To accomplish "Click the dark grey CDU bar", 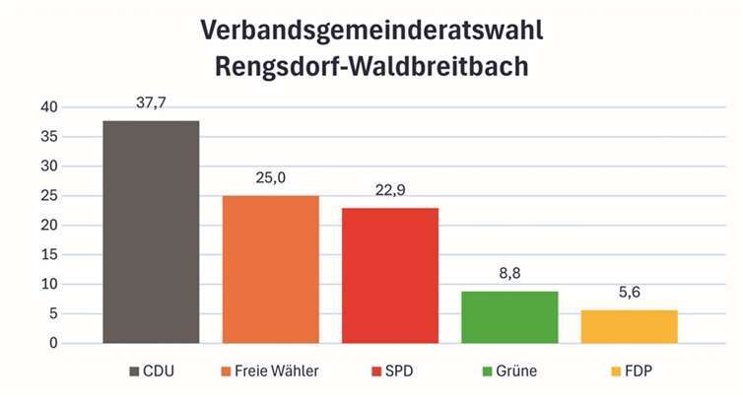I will point(151,232).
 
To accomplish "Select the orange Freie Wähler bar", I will point(270,269).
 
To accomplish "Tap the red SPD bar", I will point(390,275).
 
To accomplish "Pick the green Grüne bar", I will point(509,316).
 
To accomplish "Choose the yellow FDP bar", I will point(629,326).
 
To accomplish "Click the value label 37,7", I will point(151,102).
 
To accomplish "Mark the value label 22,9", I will point(390,190).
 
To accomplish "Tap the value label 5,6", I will point(629,293).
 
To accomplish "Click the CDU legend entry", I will point(158,371).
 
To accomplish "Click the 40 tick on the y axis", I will point(49,106).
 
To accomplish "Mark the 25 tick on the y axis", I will point(49,195).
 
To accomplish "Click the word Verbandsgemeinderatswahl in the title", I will point(371,30).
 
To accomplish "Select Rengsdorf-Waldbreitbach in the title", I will point(371,68).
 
